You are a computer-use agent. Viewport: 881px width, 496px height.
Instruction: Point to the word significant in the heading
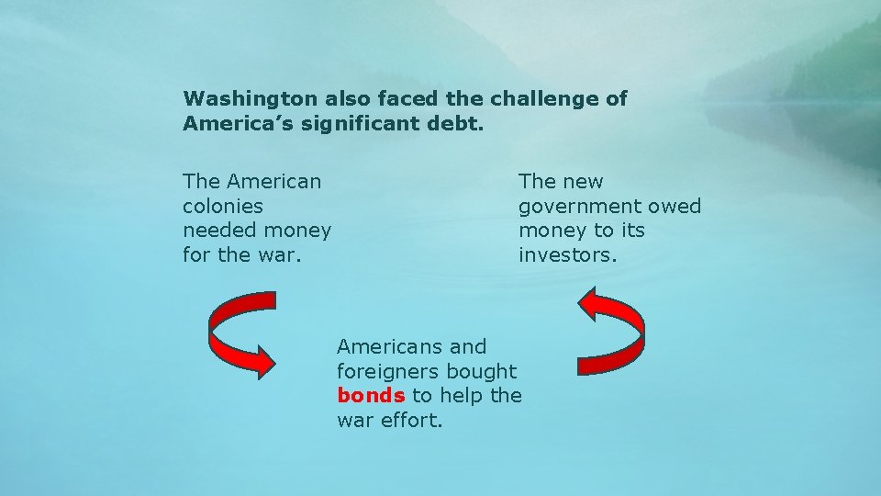pyautogui.click(x=350, y=123)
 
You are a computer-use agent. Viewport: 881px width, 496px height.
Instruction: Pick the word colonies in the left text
pyautogui.click(x=223, y=206)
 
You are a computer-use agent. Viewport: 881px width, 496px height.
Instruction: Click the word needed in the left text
pyautogui.click(x=217, y=230)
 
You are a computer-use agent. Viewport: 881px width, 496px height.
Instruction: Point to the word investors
pyautogui.click(x=567, y=254)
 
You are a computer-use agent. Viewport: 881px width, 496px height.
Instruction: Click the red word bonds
pyautogui.click(x=371, y=396)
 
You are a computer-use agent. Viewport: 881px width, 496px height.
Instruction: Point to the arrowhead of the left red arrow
pyautogui.click(x=262, y=361)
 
